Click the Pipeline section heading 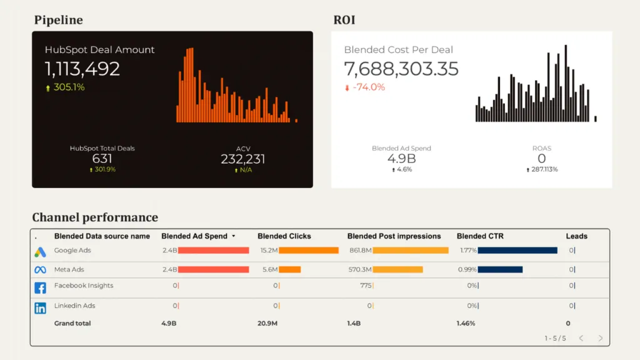pyautogui.click(x=58, y=20)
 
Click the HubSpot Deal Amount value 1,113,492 pyautogui.click(x=82, y=69)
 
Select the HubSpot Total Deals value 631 pyautogui.click(x=102, y=159)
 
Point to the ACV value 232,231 pyautogui.click(x=242, y=159)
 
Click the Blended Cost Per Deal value pyautogui.click(x=401, y=69)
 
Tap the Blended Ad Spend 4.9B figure pyautogui.click(x=401, y=159)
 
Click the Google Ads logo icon pyautogui.click(x=40, y=252)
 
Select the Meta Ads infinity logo pyautogui.click(x=40, y=270)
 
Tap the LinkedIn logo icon pyautogui.click(x=40, y=307)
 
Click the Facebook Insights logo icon pyautogui.click(x=40, y=288)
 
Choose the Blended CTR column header pyautogui.click(x=480, y=236)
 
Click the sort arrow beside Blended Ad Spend pyautogui.click(x=234, y=236)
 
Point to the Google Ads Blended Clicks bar pyautogui.click(x=308, y=251)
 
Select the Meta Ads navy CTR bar pyautogui.click(x=500, y=270)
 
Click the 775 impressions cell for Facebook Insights pyautogui.click(x=366, y=286)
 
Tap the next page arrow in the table pyautogui.click(x=601, y=338)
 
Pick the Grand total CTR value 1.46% pyautogui.click(x=466, y=324)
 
